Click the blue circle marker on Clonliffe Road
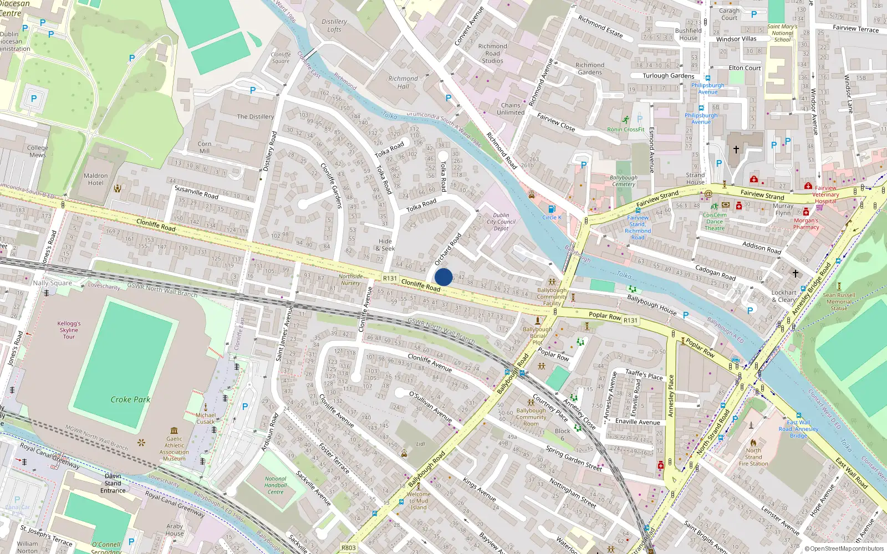443,277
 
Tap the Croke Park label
130,399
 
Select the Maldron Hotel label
95,179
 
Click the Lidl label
420,444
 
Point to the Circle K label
552,217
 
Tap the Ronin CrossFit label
625,130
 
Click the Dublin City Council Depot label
501,222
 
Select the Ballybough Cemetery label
623,181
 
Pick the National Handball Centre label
276,485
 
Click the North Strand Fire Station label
753,457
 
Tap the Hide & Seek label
385,245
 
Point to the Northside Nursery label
350,280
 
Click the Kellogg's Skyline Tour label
69,330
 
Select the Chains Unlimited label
511,109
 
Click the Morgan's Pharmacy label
806,224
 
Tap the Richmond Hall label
403,83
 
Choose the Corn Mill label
205,147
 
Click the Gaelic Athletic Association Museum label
174,449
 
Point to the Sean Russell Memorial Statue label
839,302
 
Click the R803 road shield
349,548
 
